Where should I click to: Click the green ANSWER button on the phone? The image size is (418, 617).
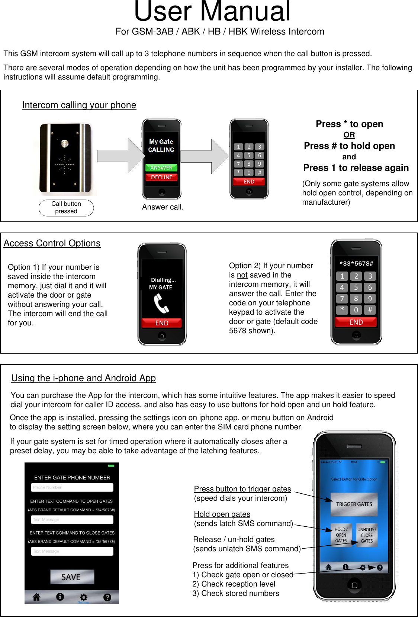point(161,168)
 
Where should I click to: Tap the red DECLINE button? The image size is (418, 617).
point(161,177)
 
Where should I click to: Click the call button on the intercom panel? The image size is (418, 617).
point(65,143)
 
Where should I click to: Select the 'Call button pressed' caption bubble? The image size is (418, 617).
point(66,208)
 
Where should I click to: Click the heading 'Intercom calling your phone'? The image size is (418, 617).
point(79,105)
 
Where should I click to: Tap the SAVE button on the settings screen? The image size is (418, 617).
point(72,577)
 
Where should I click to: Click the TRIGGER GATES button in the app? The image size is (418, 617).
point(354,504)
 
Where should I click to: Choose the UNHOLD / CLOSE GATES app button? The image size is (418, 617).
point(367,535)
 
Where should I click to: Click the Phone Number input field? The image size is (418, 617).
point(72,487)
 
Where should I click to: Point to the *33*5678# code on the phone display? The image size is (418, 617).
point(356,263)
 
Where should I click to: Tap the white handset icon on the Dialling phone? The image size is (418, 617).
point(161,303)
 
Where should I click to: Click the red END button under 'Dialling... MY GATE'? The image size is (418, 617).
point(162,323)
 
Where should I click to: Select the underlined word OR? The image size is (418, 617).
point(349,135)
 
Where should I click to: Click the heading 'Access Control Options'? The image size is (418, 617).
point(52,243)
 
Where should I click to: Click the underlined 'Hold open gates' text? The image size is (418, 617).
point(222,514)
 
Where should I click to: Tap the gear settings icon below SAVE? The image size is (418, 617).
point(84,597)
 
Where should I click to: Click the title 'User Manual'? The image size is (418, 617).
point(212,12)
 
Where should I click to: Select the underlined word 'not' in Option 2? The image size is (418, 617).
point(242,275)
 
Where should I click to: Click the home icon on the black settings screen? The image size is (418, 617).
point(36,597)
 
